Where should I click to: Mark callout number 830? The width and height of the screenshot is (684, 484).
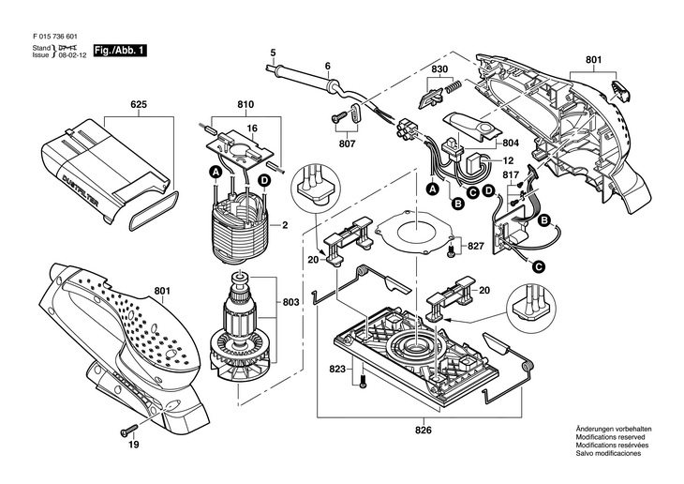pyautogui.click(x=439, y=69)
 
